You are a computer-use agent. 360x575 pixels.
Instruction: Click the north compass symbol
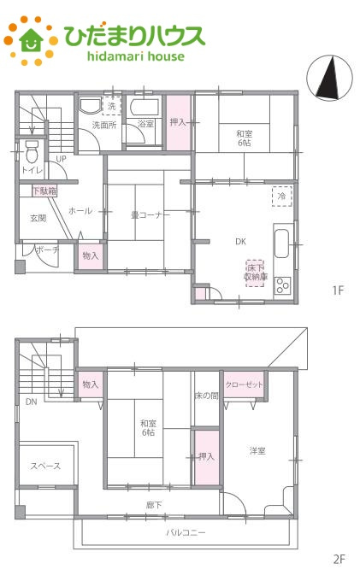(329, 78)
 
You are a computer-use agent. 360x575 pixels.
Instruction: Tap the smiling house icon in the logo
(31, 39)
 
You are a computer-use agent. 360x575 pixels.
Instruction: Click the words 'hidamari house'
(136, 56)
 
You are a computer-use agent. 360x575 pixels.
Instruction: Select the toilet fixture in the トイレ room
(32, 151)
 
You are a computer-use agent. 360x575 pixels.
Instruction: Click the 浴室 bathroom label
(145, 124)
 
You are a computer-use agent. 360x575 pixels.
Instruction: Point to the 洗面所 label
(104, 125)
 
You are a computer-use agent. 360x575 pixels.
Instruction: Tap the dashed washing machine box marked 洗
(111, 106)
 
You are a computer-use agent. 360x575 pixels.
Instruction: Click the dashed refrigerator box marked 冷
(282, 197)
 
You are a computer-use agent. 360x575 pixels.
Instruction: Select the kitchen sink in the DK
(282, 243)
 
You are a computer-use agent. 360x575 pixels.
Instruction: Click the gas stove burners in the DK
(283, 285)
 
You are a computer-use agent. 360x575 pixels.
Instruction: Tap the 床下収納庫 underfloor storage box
(255, 273)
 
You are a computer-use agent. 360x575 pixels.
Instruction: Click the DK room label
(241, 241)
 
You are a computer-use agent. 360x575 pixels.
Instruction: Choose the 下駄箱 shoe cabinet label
(44, 191)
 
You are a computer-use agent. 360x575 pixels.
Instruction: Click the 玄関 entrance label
(38, 218)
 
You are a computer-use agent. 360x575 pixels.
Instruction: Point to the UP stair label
(61, 159)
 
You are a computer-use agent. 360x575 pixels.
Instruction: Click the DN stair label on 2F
(31, 402)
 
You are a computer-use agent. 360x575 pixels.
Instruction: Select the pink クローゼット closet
(244, 384)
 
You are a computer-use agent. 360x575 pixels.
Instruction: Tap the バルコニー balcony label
(186, 532)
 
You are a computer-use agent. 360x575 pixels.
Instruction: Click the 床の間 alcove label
(206, 396)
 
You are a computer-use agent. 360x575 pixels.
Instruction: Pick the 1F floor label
(338, 290)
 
